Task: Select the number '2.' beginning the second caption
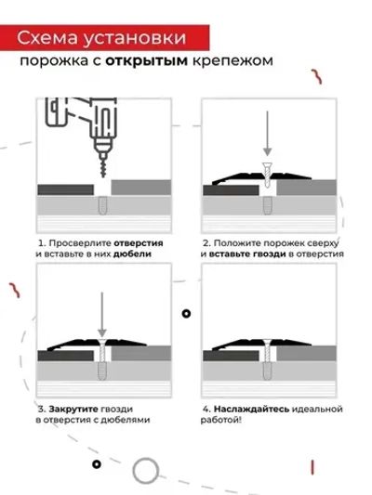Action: (x=206, y=241)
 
